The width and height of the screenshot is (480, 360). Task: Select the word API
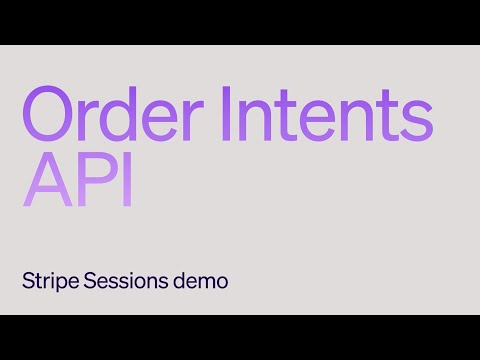click(78, 181)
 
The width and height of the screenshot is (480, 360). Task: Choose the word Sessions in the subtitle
click(123, 281)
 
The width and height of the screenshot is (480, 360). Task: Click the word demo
click(203, 281)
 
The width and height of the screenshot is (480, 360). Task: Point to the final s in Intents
click(418, 120)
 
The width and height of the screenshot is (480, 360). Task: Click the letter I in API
click(126, 181)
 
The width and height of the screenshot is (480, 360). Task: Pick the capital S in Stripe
click(27, 281)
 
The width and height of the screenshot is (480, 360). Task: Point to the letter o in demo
click(222, 283)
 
